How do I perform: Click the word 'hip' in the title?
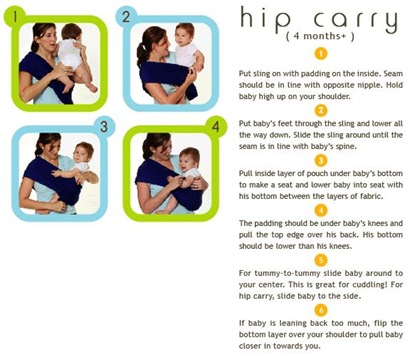tap(265, 20)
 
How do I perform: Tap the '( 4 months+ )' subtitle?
tap(320, 36)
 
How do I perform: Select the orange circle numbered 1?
tap(321, 54)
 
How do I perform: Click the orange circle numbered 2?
tap(321, 110)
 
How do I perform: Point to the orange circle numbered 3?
tap(321, 160)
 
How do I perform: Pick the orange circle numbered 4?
tap(321, 210)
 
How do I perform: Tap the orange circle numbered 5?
tap(321, 260)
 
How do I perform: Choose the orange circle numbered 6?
tap(321, 310)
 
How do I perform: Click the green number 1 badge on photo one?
tap(14, 16)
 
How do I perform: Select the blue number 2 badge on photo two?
tap(126, 16)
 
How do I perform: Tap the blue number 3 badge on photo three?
tap(104, 126)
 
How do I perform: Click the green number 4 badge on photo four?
tap(216, 127)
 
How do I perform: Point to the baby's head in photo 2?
tap(184, 34)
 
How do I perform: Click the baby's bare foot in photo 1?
tap(91, 88)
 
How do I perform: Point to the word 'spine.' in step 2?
tap(344, 146)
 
